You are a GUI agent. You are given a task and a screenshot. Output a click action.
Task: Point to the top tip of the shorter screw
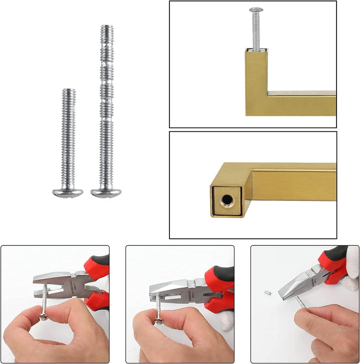tap(68, 91)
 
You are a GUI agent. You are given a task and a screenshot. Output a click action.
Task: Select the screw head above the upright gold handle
tap(256, 10)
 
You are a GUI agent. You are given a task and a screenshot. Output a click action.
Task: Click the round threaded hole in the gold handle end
tap(226, 200)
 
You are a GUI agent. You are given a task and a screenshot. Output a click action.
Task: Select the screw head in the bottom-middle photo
tap(159, 319)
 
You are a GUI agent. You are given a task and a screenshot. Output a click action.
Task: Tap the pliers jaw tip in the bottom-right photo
tap(283, 296)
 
